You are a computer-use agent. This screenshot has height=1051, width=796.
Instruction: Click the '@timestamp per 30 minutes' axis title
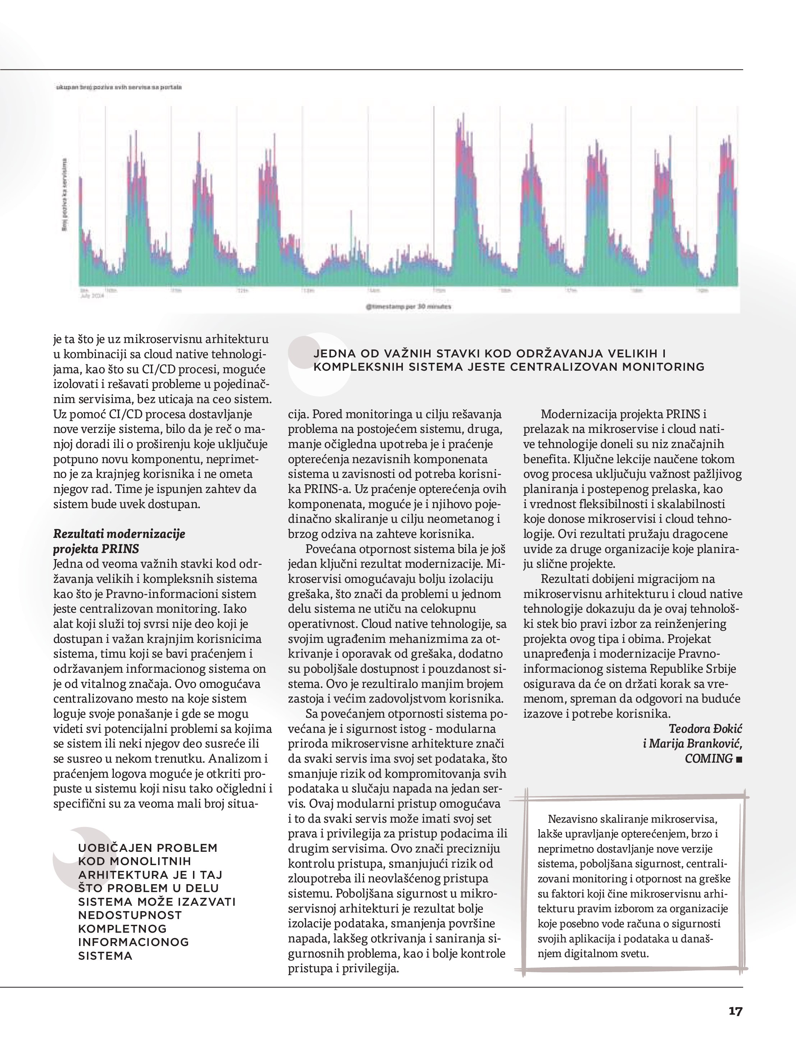409,307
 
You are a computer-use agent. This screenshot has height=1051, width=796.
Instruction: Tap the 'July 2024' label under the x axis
92,295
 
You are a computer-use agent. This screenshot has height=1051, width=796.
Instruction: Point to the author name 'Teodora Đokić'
705,728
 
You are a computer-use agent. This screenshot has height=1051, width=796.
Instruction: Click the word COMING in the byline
709,758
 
